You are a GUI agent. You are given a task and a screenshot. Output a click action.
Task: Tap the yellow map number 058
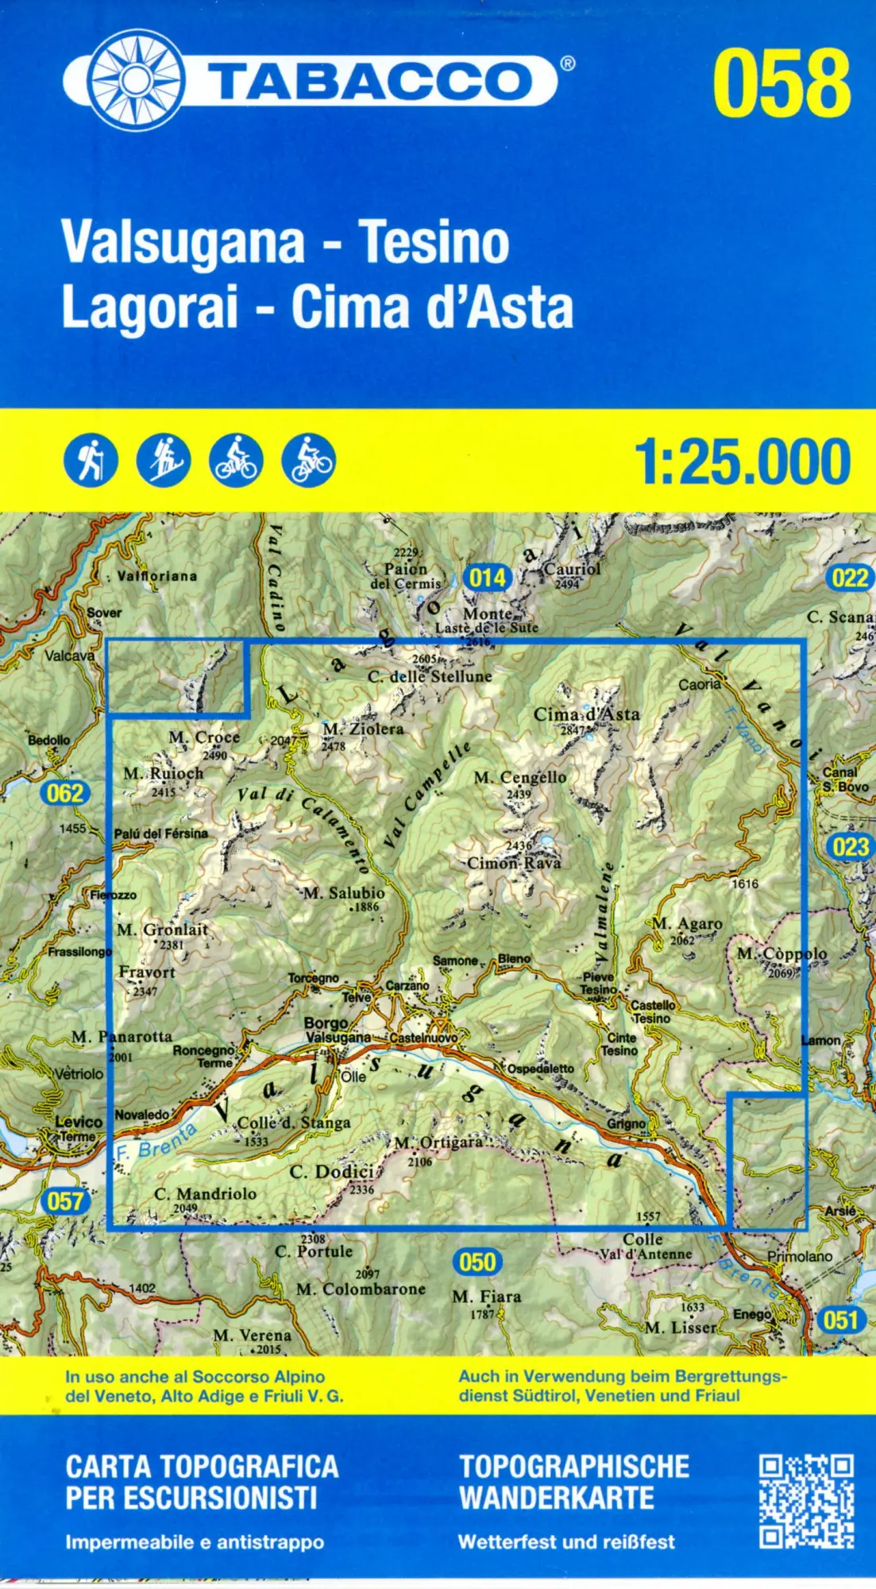coord(781,83)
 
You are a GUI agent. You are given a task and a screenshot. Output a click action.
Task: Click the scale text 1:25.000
coord(743,462)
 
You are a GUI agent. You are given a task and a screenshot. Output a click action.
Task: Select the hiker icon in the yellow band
coord(91,460)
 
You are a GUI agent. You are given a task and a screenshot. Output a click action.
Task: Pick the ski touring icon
coord(164,460)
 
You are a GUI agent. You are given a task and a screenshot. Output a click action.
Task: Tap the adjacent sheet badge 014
coord(488,578)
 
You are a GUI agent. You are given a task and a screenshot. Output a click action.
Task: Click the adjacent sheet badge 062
coord(65,793)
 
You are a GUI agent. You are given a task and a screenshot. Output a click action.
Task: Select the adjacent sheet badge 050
coord(477,1262)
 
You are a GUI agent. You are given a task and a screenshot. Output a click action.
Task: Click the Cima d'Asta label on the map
coord(586,714)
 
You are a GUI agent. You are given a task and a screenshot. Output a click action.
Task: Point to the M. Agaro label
coord(687,924)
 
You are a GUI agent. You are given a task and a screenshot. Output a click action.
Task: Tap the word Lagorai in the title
coord(150,307)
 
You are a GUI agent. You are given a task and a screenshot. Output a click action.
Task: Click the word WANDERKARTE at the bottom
coord(557,1498)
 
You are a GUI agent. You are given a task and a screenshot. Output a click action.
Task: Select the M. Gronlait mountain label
coord(162,930)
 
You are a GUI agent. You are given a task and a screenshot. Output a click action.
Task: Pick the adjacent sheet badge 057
coord(65,1201)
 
